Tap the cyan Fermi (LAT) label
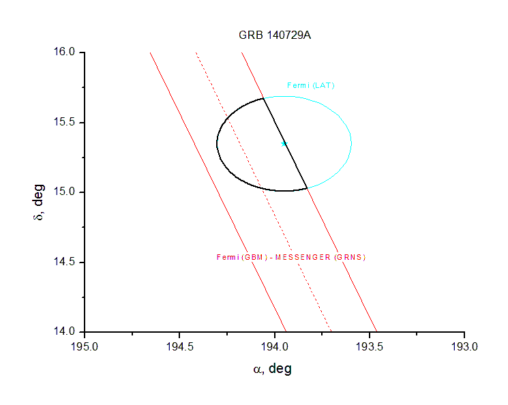tap(311, 85)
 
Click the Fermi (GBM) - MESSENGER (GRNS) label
tap(291, 257)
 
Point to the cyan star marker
tap(284, 143)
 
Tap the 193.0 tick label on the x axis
tap(465, 345)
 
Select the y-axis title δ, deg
tap(40, 201)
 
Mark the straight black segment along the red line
tap(285, 143)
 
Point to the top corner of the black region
tap(263, 99)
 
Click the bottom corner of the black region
tap(307, 187)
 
